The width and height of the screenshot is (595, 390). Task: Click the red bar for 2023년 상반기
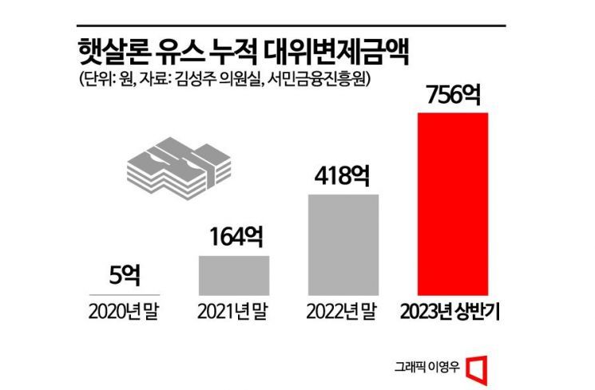tap(453, 203)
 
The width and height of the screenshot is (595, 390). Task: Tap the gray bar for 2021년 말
tap(234, 275)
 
